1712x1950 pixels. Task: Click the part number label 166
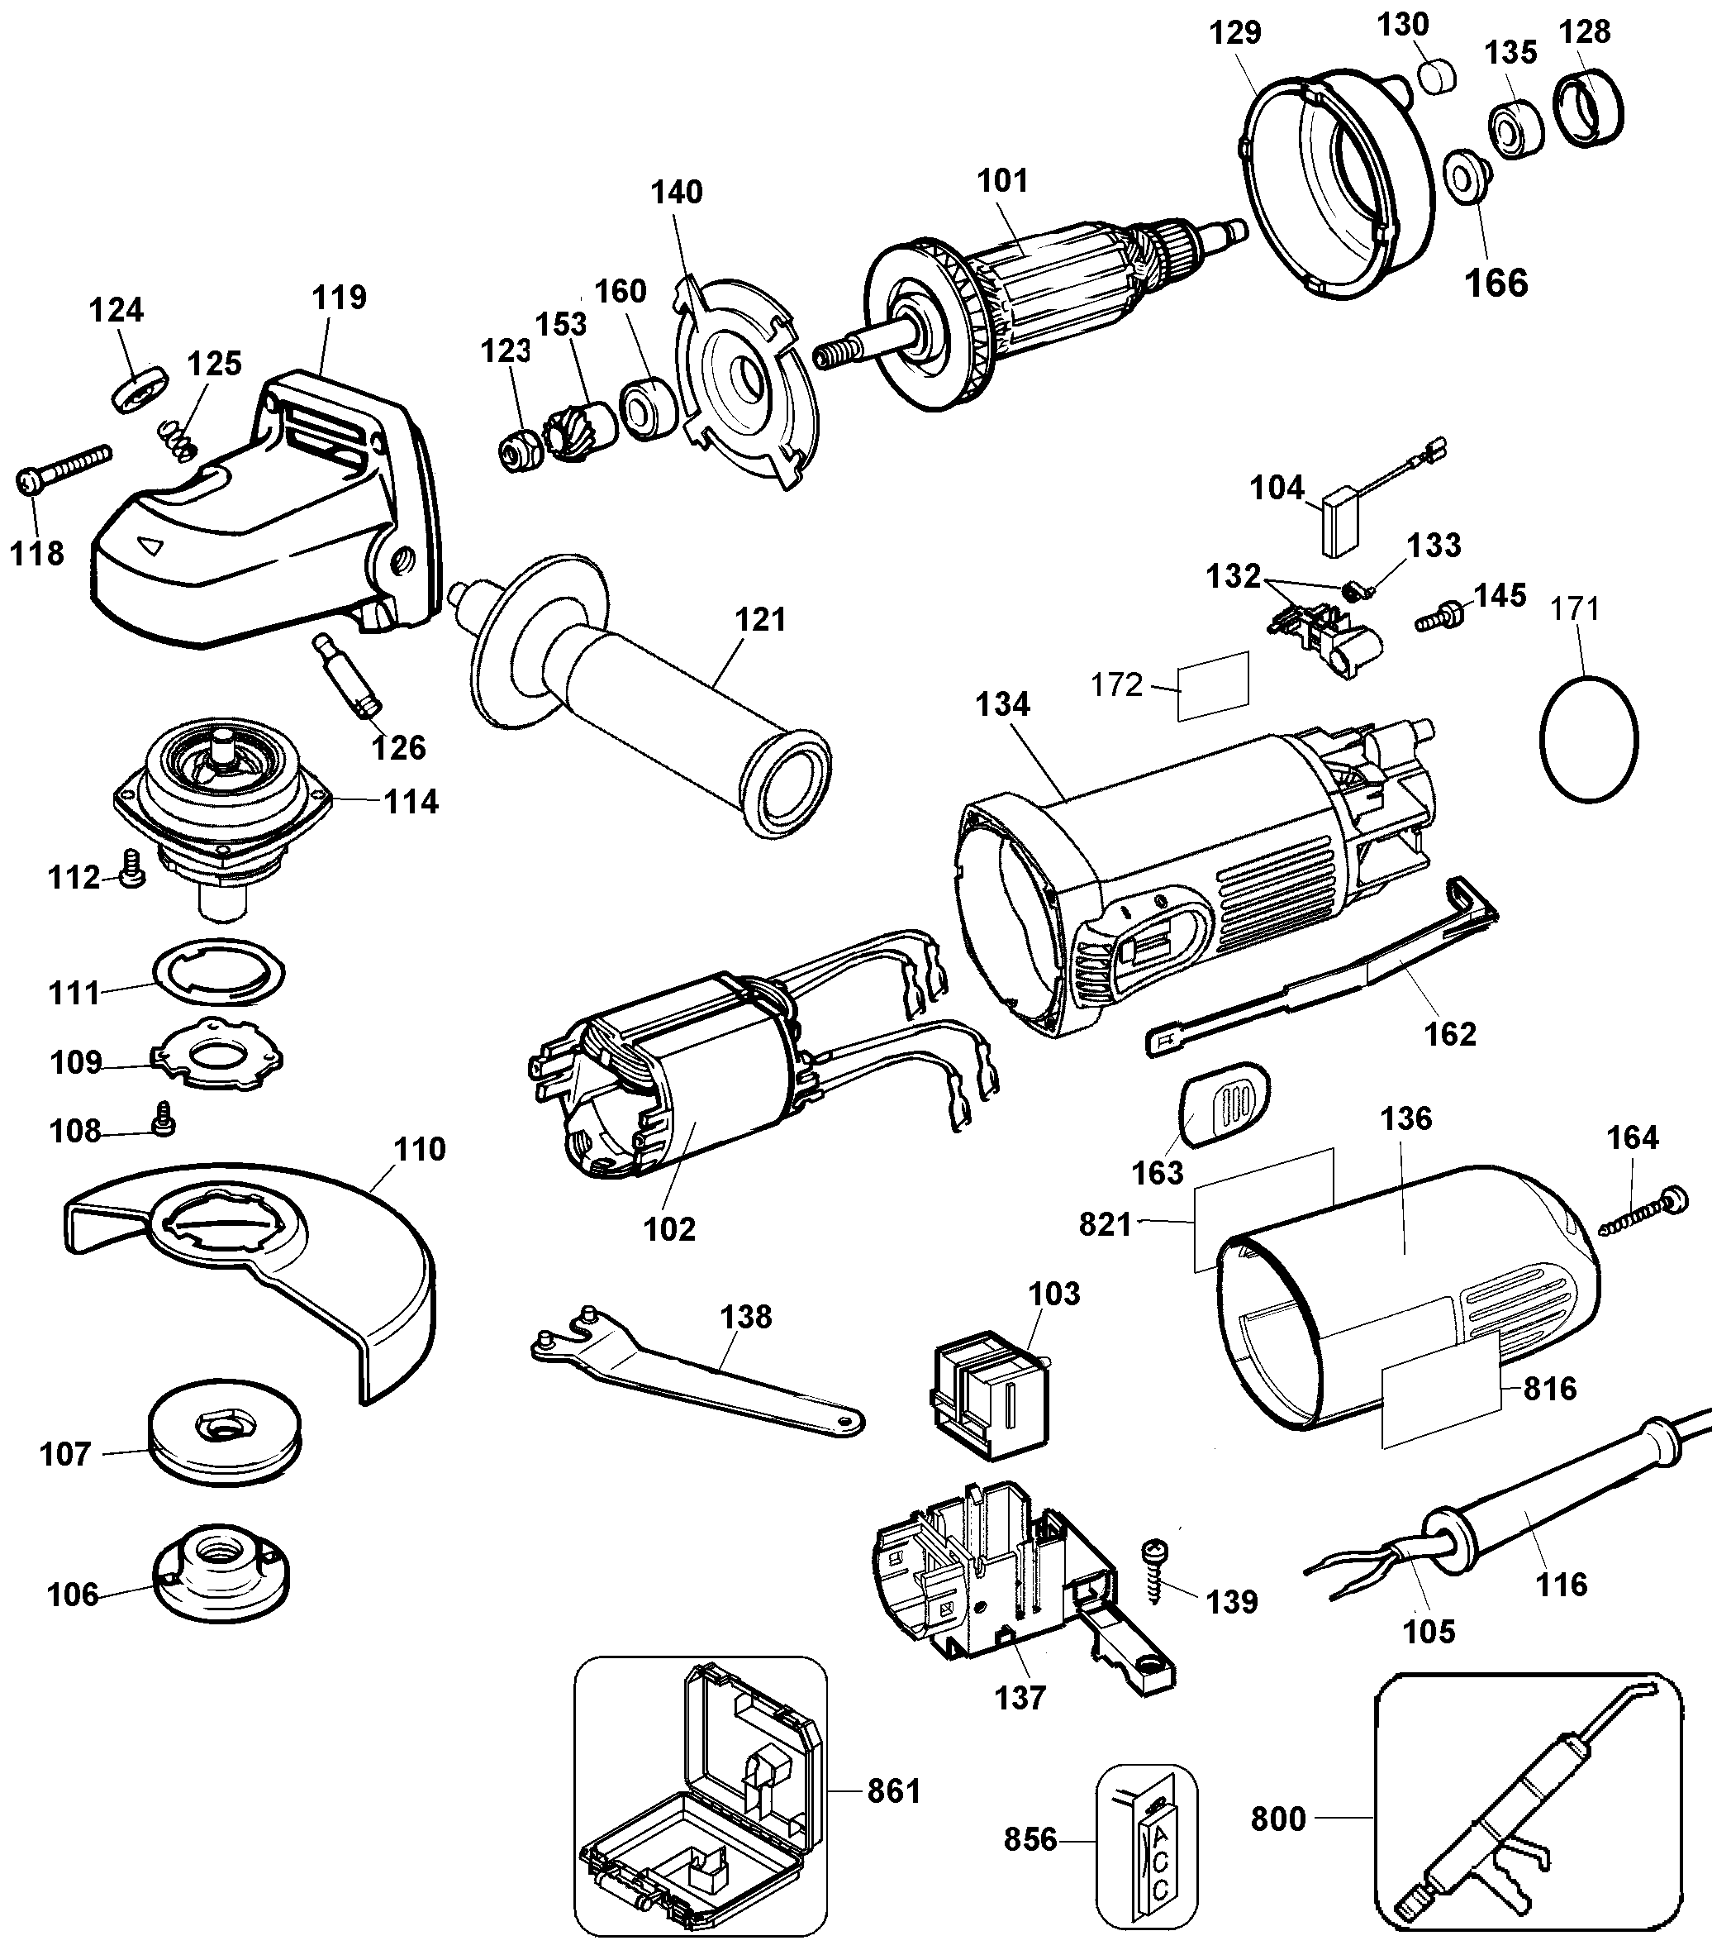click(1496, 283)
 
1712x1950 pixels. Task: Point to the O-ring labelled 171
click(1589, 739)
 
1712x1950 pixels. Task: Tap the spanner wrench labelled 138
click(697, 1373)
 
